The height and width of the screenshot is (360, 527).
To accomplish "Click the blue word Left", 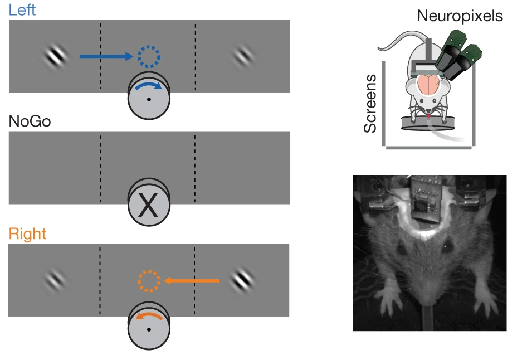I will (22, 10).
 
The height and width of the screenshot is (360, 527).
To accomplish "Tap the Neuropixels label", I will (460, 16).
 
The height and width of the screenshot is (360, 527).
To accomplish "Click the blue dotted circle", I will (149, 56).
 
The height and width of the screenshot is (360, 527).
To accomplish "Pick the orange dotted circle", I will (149, 281).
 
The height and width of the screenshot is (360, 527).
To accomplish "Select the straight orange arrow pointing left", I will (192, 281).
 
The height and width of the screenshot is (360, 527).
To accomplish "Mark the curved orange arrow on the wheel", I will (149, 316).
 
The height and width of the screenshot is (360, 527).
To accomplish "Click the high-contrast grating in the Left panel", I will (56, 56).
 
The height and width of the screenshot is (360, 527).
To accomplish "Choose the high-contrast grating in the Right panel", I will (242, 280).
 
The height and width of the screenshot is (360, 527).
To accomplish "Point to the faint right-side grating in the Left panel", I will (242, 56).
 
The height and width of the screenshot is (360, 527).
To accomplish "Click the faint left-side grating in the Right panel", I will (56, 280).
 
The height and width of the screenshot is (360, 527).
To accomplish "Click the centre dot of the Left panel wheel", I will (149, 99).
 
